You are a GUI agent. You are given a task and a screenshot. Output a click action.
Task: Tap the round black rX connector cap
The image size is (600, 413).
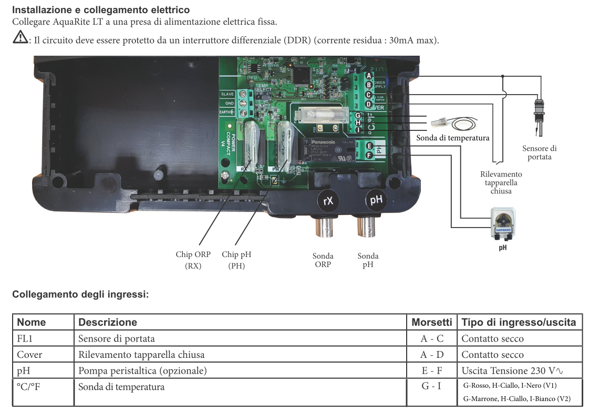click(x=328, y=200)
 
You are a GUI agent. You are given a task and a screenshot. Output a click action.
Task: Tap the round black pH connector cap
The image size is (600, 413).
click(x=375, y=200)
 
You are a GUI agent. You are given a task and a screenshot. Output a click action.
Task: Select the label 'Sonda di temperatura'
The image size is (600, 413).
click(x=452, y=138)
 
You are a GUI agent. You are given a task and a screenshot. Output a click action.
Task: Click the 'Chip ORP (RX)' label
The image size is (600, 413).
click(x=193, y=260)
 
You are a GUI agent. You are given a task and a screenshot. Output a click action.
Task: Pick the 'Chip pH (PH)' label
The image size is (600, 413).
click(x=236, y=260)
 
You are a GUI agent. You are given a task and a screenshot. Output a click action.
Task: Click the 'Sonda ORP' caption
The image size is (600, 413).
click(x=323, y=260)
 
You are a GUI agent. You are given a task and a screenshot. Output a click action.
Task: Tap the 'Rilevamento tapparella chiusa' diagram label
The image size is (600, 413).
click(x=501, y=182)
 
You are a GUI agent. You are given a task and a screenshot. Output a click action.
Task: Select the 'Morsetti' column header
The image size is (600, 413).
click(x=431, y=322)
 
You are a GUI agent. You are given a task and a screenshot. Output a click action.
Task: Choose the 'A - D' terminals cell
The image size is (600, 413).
click(x=432, y=355)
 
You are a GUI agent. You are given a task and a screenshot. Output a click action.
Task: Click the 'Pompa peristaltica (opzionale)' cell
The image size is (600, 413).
click(x=142, y=371)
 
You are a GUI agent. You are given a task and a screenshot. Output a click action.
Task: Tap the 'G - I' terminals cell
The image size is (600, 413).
click(x=432, y=387)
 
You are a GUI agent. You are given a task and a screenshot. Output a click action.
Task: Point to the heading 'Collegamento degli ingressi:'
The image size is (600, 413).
click(x=80, y=294)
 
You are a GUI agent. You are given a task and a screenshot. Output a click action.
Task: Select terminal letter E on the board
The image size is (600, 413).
click(x=370, y=146)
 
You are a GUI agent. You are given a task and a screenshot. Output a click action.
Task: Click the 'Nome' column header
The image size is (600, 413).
click(x=32, y=322)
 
